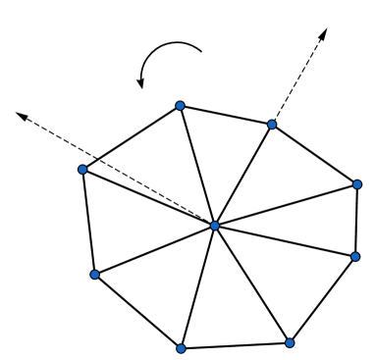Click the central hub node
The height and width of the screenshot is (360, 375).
tap(214, 227)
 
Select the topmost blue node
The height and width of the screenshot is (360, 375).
tap(180, 105)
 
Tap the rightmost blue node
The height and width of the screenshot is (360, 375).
tap(357, 183)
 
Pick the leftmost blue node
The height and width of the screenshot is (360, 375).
tap(83, 170)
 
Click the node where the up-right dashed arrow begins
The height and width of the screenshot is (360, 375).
tap(273, 125)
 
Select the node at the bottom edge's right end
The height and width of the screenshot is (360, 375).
tap(290, 342)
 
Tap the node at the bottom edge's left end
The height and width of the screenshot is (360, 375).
tap(181, 347)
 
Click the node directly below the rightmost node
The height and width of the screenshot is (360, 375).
tap(355, 257)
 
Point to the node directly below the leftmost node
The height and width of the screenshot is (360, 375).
tap(95, 275)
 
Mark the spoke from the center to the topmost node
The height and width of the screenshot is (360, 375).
tap(196, 165)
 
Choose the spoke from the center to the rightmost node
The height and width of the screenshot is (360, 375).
tap(286, 205)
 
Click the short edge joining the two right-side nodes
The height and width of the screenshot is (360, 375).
tap(356, 221)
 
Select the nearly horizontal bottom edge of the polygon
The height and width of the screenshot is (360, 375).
tap(236, 344)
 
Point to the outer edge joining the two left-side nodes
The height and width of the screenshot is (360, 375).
tap(89, 223)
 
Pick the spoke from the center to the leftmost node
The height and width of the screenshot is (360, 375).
tap(148, 198)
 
